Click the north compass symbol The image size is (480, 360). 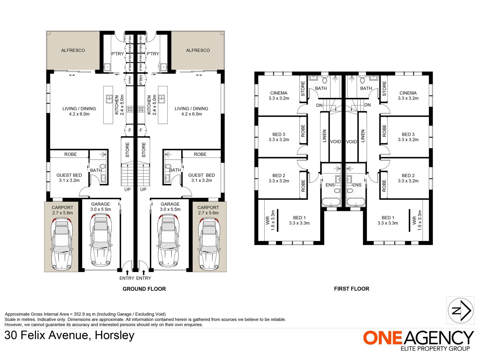pyautogui.click(x=460, y=310)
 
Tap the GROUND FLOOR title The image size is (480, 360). pyautogui.click(x=144, y=289)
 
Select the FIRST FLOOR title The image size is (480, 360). pyautogui.click(x=351, y=289)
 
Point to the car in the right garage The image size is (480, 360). pyautogui.click(x=169, y=241)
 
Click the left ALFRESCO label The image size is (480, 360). pyautogui.click(x=73, y=50)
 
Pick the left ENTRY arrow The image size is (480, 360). pyautogui.click(x=127, y=273)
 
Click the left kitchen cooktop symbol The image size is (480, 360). pyautogui.click(x=130, y=109)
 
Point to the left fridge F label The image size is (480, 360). pyautogui.click(x=130, y=130)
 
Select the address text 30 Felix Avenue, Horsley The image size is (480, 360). pyautogui.click(x=69, y=335)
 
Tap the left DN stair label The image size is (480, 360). pyautogui.click(x=319, y=105)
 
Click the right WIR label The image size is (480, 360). pyautogui.click(x=414, y=220)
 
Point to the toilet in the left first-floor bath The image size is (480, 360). pyautogui.click(x=325, y=80)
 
